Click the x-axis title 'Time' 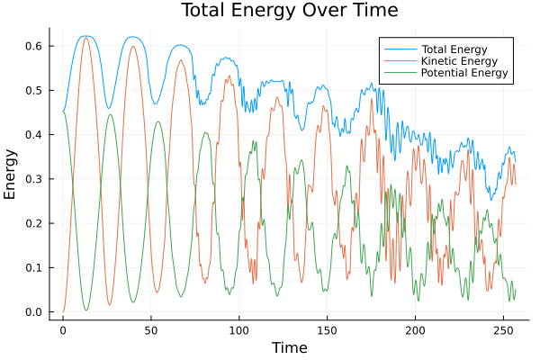pos(289,347)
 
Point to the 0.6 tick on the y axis pos(33,46)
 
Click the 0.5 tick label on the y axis pos(33,90)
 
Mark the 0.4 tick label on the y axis pos(33,135)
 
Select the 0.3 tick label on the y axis pos(33,179)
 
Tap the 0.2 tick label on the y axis pos(33,223)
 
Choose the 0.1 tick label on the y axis pos(33,268)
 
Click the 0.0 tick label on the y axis pos(33,312)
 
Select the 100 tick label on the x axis pos(238,330)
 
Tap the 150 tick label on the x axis pos(327,330)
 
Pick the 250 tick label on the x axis pos(502,330)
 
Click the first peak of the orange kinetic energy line pos(86,37)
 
